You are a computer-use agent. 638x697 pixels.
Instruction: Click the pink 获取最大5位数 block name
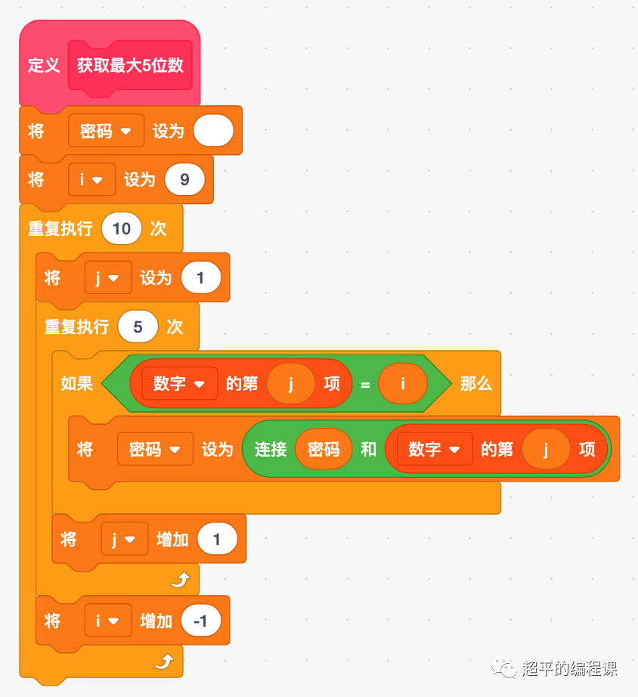(130, 65)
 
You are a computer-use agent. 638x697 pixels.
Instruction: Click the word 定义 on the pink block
(44, 65)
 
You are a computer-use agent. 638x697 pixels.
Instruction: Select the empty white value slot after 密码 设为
(214, 131)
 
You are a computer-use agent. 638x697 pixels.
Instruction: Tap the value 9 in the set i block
(184, 180)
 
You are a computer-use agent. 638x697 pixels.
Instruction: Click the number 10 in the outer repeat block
(121, 228)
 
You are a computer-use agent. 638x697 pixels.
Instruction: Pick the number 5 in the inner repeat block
(138, 327)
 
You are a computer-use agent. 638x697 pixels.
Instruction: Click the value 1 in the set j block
(200, 278)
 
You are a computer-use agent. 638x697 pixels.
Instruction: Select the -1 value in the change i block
(200, 621)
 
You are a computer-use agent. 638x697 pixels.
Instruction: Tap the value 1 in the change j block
(217, 539)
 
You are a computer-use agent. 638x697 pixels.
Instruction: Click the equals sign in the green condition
(365, 384)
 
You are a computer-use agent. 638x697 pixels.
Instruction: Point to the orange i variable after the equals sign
(402, 384)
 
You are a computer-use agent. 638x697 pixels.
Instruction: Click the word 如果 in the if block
(76, 383)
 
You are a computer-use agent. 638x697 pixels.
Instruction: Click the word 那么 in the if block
(475, 383)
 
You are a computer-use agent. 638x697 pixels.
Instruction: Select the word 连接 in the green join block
(271, 449)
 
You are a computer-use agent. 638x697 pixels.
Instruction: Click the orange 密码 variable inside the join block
(323, 449)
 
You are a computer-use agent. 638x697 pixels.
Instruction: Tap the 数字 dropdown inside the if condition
(179, 384)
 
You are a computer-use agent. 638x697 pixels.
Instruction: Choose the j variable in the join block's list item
(545, 449)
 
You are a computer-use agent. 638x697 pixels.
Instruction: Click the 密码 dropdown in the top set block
(105, 131)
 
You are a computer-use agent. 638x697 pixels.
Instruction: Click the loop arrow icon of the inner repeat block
(181, 581)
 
